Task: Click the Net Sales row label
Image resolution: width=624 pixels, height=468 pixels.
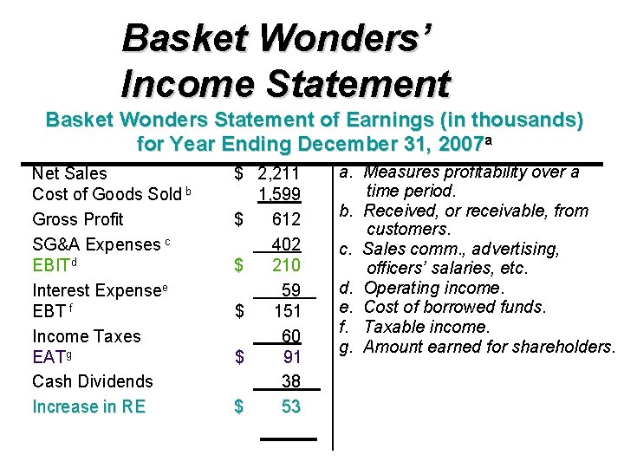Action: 69,173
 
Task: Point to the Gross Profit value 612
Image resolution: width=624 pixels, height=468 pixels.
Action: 285,219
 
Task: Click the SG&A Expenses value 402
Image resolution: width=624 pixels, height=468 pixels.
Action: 285,244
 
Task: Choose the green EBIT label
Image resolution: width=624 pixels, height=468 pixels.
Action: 51,265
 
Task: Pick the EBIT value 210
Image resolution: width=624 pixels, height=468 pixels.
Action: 285,264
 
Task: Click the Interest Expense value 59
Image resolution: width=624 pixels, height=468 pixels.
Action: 290,290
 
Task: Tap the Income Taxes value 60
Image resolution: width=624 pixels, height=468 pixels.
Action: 290,335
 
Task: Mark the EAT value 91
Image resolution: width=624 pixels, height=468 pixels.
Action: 291,356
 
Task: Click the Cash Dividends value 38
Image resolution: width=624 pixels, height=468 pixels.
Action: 290,380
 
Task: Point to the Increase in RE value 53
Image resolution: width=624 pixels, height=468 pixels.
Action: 290,406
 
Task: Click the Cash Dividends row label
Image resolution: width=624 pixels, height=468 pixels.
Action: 92,380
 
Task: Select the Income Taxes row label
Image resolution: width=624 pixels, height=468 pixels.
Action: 86,335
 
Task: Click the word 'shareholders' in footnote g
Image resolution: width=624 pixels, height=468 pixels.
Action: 564,347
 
